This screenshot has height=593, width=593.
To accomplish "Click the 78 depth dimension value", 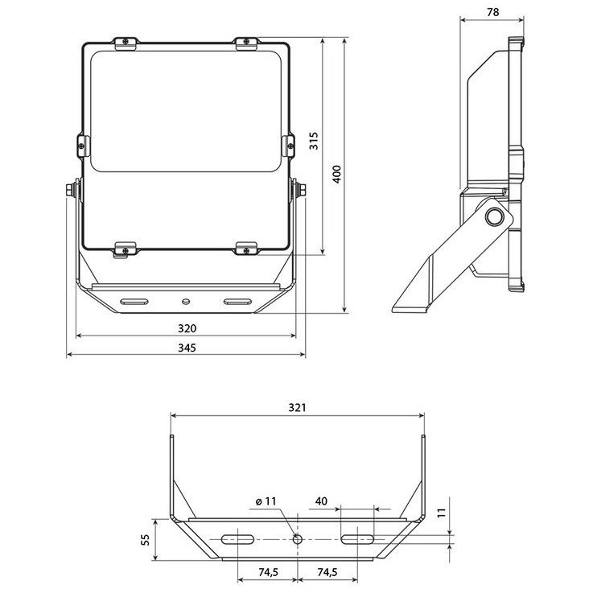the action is pos(492,12).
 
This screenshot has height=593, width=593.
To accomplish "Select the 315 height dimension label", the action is pos(314,141).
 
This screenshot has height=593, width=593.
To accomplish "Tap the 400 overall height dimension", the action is pos(336,174).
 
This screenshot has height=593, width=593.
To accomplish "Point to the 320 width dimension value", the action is pos(187,328).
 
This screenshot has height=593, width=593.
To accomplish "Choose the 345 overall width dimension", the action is pos(187,348).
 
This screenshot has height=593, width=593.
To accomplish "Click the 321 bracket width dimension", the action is pos(297,407).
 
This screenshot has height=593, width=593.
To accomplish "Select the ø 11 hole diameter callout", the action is pos(266,501).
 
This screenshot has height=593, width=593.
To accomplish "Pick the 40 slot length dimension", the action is pos(321,501).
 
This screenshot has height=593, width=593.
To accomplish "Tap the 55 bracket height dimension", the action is pos(145,539).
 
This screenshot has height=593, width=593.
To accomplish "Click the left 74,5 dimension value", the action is pos(268,572).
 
